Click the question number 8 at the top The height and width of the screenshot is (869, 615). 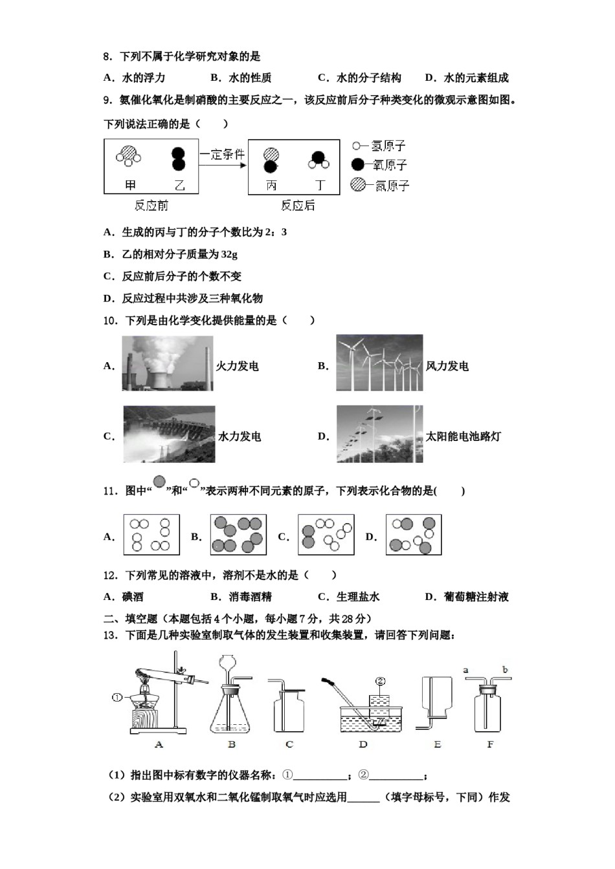click(x=107, y=57)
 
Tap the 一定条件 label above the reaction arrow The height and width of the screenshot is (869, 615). click(x=221, y=155)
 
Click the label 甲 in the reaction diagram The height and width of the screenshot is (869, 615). click(x=131, y=186)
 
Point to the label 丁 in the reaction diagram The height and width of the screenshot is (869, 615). click(x=319, y=186)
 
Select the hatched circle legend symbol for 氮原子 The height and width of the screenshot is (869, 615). click(x=357, y=185)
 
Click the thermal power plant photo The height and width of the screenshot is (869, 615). click(x=168, y=363)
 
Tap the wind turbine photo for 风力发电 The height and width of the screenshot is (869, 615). click(x=379, y=363)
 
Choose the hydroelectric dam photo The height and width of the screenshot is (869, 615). click(x=169, y=434)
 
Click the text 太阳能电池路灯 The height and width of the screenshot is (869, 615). click(x=463, y=436)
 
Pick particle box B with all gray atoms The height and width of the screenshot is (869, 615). click(x=238, y=535)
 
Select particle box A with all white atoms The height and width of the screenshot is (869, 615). click(x=151, y=535)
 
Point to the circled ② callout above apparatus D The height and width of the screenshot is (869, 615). click(x=380, y=681)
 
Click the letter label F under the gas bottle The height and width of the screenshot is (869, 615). click(x=490, y=744)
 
